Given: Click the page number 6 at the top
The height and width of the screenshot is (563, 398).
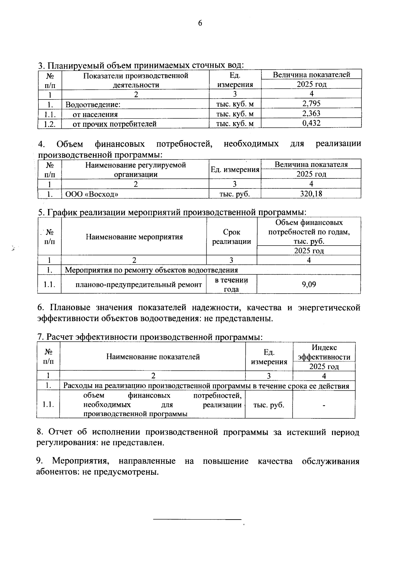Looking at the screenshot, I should [200, 23].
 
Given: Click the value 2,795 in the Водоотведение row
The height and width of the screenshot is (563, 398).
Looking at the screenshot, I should [311, 104].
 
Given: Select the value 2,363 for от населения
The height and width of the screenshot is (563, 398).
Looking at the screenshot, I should [311, 114].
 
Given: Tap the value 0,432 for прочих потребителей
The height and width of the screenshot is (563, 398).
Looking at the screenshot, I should [311, 123].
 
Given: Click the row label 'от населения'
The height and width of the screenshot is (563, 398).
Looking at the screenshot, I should [95, 114].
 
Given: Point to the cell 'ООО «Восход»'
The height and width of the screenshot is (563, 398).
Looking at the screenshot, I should [92, 194].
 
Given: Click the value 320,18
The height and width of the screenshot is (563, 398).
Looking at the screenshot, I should [311, 194].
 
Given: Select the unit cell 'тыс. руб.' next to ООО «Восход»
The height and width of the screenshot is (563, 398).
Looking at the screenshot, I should [234, 194].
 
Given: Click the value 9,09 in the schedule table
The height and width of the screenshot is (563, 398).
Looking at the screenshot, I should [309, 284].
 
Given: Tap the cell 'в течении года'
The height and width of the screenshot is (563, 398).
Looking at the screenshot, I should [232, 284].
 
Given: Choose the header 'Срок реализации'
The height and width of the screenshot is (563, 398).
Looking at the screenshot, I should [232, 237].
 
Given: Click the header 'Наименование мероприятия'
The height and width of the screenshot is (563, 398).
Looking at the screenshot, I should [134, 237].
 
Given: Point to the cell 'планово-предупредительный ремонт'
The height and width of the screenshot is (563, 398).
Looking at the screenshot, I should [139, 285].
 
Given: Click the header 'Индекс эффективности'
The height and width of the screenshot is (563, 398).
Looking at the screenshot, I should [324, 352].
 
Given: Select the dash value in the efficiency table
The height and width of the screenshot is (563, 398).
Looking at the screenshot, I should [324, 405].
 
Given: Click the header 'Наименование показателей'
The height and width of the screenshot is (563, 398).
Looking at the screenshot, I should [153, 357].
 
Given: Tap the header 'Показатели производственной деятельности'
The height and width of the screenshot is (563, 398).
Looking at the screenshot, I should [136, 80].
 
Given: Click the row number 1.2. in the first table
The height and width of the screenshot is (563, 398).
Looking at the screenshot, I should [49, 124].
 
